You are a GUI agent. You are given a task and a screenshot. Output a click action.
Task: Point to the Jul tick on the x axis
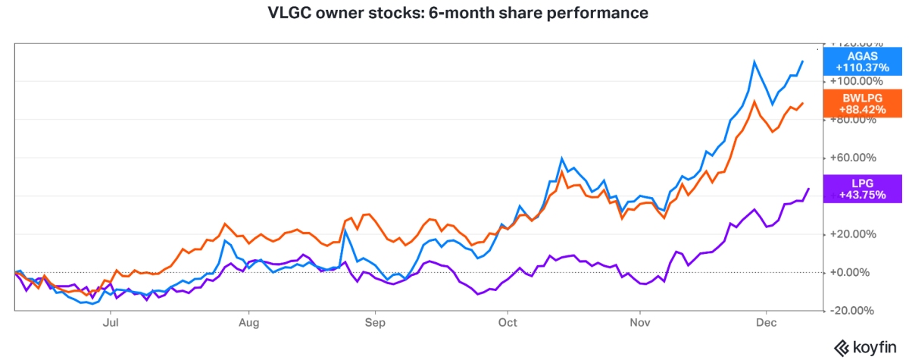(x=111, y=321)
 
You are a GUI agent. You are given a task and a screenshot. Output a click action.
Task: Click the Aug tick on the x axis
(x=248, y=321)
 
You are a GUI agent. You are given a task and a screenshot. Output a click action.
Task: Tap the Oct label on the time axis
(x=508, y=321)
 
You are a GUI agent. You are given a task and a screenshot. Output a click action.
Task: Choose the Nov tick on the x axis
(x=640, y=321)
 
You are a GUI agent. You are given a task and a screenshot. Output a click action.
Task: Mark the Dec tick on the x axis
(x=767, y=321)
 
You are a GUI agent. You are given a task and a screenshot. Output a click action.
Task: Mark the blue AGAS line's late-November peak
(x=754, y=61)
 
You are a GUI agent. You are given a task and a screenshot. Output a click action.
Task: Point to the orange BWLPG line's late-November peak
(x=754, y=101)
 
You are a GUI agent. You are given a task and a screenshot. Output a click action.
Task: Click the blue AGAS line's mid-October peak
(x=561, y=158)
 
